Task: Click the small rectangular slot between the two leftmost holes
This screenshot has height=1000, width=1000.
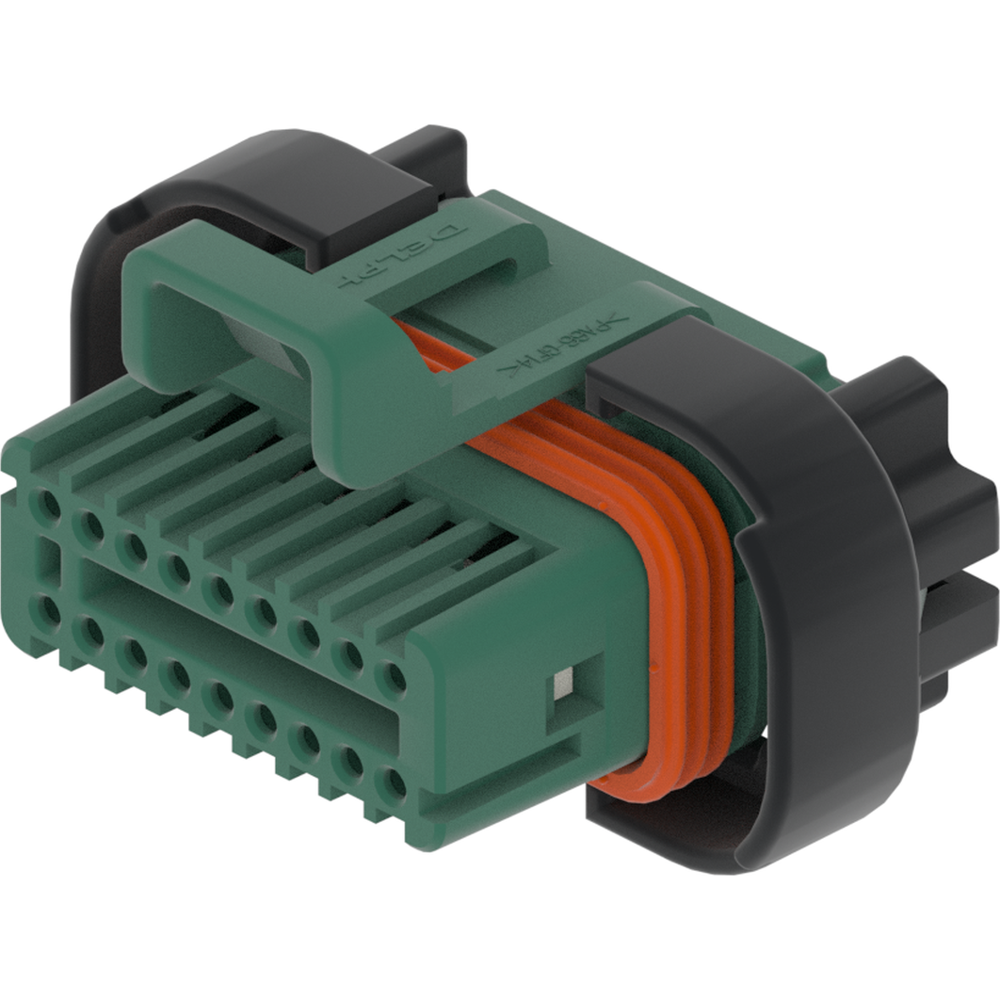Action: (46, 559)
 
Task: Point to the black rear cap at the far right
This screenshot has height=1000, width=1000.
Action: (932, 527)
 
